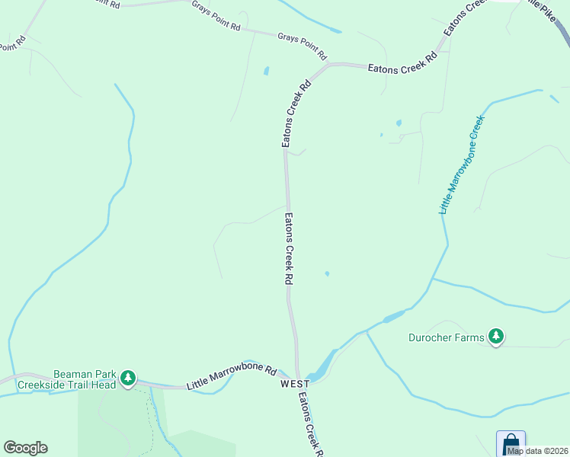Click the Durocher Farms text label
[x=447, y=337]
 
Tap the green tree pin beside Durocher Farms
[x=496, y=336]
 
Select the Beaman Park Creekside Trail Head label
[x=85, y=379]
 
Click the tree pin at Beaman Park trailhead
[x=128, y=378]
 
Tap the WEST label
[x=294, y=384]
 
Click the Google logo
[x=25, y=448]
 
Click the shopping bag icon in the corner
[x=511, y=443]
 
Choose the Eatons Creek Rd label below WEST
[x=309, y=427]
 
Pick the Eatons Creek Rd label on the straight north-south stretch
[x=289, y=249]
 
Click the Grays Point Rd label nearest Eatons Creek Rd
[x=302, y=46]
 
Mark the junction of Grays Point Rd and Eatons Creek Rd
[x=329, y=65]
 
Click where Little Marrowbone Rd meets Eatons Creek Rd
[x=297, y=378]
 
